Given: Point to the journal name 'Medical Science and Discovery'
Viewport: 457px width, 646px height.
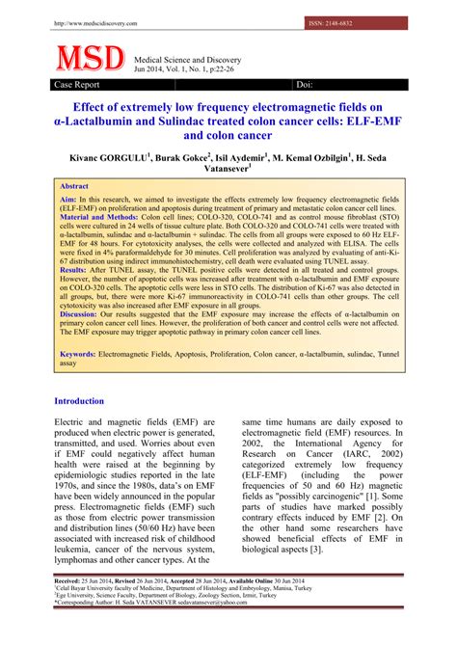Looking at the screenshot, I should pyautogui.click(x=187, y=61).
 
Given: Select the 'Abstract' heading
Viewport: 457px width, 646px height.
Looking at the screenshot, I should pyautogui.click(x=74, y=186).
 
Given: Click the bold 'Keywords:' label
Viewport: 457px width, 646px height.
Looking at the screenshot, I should pyautogui.click(x=83, y=383).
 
